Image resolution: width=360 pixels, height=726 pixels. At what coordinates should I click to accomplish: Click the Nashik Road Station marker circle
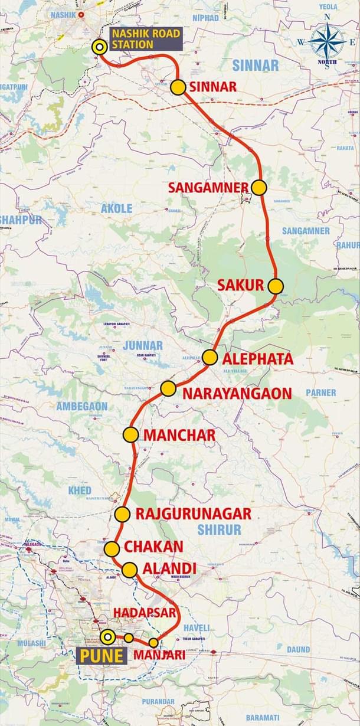100,48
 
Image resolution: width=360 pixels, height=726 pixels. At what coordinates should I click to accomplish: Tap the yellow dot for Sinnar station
178,87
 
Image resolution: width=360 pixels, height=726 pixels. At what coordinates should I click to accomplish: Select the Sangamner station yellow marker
258,188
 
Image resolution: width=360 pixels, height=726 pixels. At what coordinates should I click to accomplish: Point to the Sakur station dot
276,286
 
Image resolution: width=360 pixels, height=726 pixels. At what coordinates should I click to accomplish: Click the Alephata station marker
210,357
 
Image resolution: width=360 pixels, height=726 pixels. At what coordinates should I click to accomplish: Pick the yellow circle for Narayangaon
168,388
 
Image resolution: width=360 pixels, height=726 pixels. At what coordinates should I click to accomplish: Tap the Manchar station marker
131,435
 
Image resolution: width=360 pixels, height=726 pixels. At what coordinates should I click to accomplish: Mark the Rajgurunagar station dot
122,514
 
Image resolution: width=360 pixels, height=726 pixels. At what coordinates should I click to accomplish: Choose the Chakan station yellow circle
112,549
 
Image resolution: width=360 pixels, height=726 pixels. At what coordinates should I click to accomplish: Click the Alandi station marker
130,570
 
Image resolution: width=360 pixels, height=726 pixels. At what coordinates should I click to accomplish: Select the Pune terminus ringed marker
107,637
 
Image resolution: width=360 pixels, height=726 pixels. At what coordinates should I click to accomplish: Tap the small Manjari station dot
153,643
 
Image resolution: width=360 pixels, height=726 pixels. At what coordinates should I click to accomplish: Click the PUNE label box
102,656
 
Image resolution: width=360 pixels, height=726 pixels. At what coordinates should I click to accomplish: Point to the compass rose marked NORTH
328,41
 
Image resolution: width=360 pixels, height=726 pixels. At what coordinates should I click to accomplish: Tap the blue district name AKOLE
117,208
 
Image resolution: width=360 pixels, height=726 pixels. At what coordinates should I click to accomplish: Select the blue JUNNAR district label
143,345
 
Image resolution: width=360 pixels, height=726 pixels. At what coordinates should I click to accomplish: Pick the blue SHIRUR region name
219,530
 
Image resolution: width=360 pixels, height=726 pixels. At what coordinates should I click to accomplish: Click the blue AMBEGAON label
82,406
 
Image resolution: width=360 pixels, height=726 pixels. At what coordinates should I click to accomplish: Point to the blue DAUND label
298,649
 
